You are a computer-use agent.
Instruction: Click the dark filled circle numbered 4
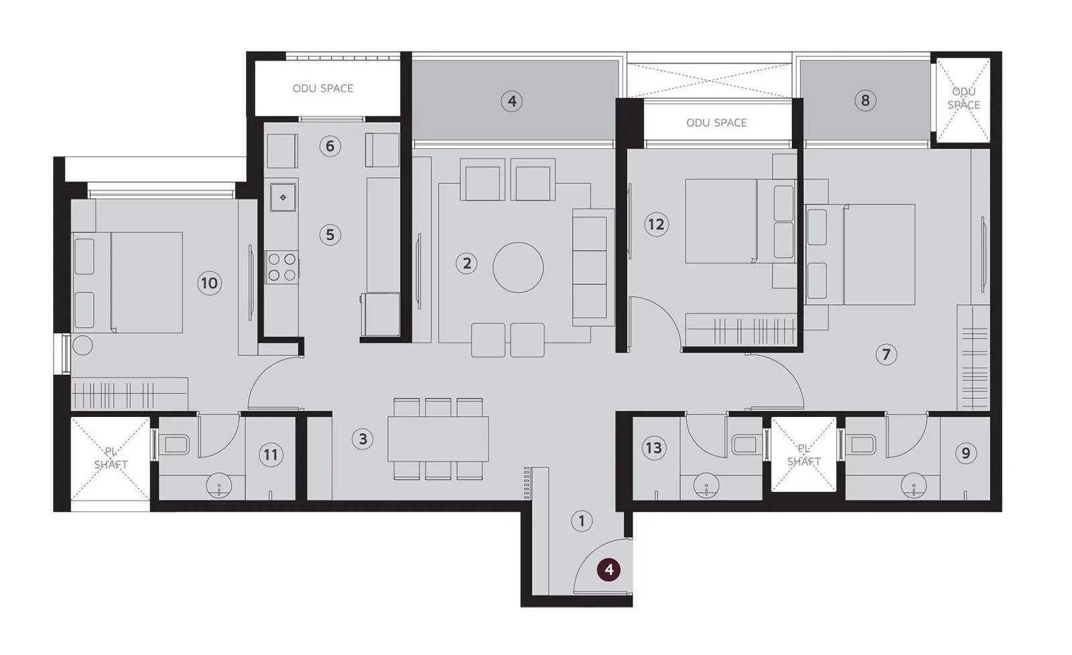[608, 570]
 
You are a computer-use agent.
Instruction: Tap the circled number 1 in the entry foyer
[582, 521]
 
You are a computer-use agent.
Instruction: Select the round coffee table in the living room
[518, 267]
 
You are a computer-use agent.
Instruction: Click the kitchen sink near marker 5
[283, 197]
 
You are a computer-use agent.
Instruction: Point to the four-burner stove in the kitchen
[282, 266]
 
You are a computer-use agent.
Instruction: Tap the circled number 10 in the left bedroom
[209, 283]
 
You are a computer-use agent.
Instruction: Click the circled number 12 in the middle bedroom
[656, 224]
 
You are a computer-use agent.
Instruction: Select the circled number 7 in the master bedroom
[886, 354]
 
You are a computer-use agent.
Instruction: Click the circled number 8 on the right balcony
[865, 101]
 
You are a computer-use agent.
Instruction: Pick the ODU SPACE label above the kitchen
[322, 88]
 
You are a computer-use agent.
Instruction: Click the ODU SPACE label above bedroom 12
[716, 123]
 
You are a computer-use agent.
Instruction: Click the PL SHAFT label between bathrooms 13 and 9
[803, 455]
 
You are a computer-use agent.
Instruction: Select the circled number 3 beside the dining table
[362, 439]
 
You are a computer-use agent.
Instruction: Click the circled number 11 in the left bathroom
[270, 455]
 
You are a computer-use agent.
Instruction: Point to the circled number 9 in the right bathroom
[965, 453]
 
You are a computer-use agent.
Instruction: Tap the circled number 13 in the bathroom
[653, 447]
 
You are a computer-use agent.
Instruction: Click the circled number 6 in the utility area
[330, 145]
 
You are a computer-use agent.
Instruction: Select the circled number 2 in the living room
[467, 263]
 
